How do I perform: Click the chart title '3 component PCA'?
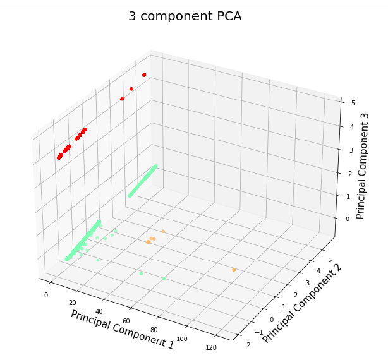pos(185,16)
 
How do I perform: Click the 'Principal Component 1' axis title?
pos(122,330)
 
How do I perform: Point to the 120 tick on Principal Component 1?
pos(212,348)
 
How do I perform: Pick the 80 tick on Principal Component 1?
pos(155,330)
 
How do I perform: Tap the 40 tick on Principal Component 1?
pos(99,312)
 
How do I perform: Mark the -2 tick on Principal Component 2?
pos(245,344)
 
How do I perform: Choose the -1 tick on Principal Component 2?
pos(258,332)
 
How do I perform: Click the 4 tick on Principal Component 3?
pos(343,126)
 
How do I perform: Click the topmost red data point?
pos(144,75)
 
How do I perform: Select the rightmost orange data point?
pos(234,270)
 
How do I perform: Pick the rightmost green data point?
pos(164,279)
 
